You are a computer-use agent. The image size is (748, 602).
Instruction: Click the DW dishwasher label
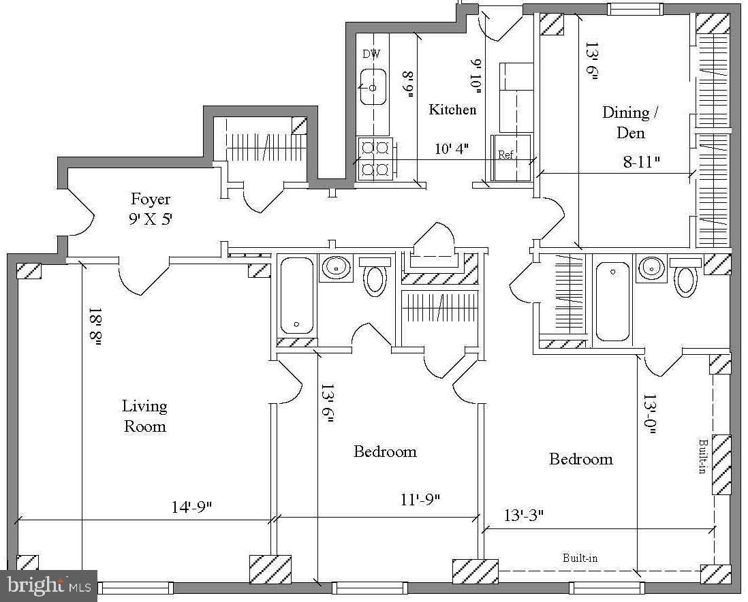(371, 54)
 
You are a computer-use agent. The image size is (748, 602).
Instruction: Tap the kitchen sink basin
(373, 86)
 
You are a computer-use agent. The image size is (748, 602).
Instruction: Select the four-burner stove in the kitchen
(375, 159)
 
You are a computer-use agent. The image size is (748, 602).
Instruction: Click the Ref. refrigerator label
(506, 155)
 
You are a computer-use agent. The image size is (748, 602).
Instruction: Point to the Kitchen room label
(452, 110)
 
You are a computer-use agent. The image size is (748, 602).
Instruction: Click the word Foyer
(151, 200)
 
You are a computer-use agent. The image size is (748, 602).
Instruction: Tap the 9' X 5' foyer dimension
(151, 219)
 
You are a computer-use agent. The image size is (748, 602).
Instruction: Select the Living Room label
(144, 416)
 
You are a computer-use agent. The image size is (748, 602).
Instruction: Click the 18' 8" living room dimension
(95, 328)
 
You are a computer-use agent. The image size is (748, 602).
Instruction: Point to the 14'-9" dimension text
(191, 507)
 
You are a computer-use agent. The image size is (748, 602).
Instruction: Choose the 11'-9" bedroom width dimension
(420, 499)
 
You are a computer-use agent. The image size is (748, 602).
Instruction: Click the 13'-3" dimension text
(524, 516)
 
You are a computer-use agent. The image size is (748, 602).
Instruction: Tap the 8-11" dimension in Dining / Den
(642, 161)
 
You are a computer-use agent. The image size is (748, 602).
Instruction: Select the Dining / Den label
(630, 123)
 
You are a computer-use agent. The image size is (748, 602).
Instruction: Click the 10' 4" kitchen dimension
(451, 148)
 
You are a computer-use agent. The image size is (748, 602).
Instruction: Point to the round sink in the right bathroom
(651, 268)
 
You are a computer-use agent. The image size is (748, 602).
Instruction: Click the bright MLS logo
(49, 585)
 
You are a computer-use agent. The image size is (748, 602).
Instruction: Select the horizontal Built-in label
(580, 558)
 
